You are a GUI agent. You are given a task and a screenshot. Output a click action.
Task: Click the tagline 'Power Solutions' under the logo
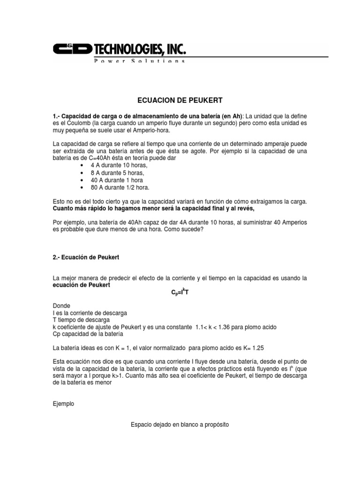tap(139, 61)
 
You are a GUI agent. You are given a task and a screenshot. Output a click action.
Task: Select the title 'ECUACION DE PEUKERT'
tap(180, 100)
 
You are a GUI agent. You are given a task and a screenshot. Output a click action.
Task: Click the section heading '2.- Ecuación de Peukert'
tap(89, 257)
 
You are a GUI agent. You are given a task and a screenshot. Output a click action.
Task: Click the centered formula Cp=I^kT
tap(180, 293)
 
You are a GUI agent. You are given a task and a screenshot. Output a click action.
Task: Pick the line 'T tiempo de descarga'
tap(82, 320)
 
